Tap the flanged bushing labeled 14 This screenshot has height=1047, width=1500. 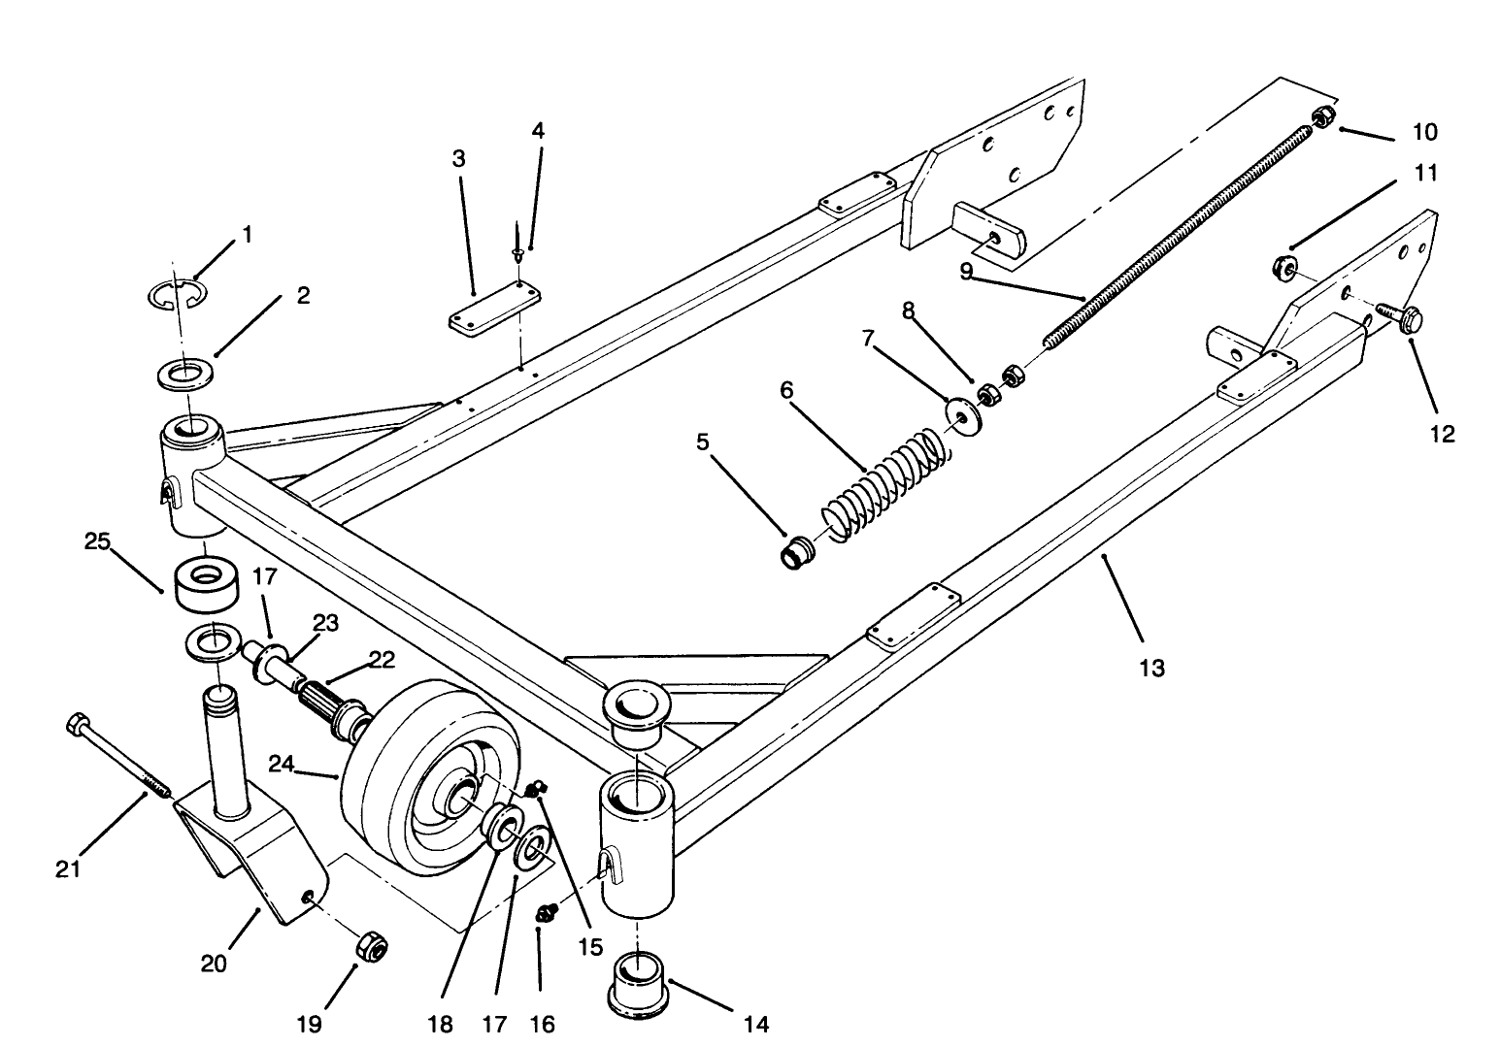pos(638,985)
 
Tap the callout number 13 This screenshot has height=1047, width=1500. pos(1150,669)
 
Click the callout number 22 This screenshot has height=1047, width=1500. pos(382,660)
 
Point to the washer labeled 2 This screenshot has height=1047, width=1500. pos(187,373)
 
